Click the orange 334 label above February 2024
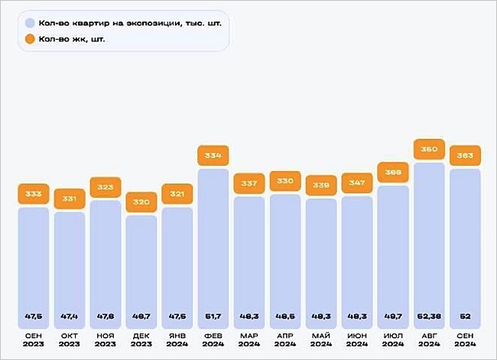click(x=213, y=156)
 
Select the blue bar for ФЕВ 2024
click(x=213, y=245)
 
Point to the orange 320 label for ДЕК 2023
click(x=141, y=203)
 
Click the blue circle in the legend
click(x=30, y=22)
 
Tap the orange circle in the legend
click(x=30, y=38)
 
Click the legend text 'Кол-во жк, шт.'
click(x=72, y=38)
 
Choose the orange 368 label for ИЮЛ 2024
click(x=393, y=172)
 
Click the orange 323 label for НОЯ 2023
click(x=106, y=187)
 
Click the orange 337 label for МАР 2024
click(x=249, y=183)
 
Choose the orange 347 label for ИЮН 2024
click(x=357, y=183)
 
